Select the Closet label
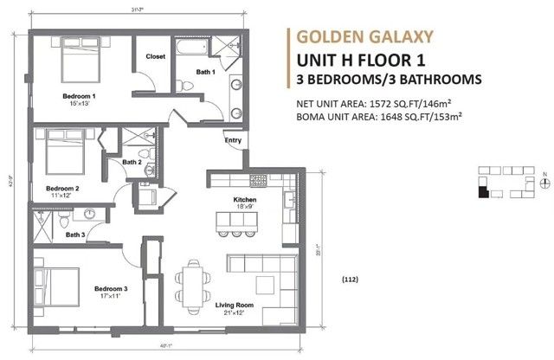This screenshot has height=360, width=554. coord(156,56)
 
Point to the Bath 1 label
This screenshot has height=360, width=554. coord(204,73)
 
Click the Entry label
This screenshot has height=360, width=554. coord(233,140)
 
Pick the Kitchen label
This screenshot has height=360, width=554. coord(244,199)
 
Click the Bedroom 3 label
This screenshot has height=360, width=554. coord(111,288)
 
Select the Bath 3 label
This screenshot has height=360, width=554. coord(75,235)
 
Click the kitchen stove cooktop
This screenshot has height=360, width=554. coord(258,180)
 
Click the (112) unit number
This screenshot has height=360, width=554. coord(350,279)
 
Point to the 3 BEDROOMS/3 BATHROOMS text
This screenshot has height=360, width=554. coord(389,80)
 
